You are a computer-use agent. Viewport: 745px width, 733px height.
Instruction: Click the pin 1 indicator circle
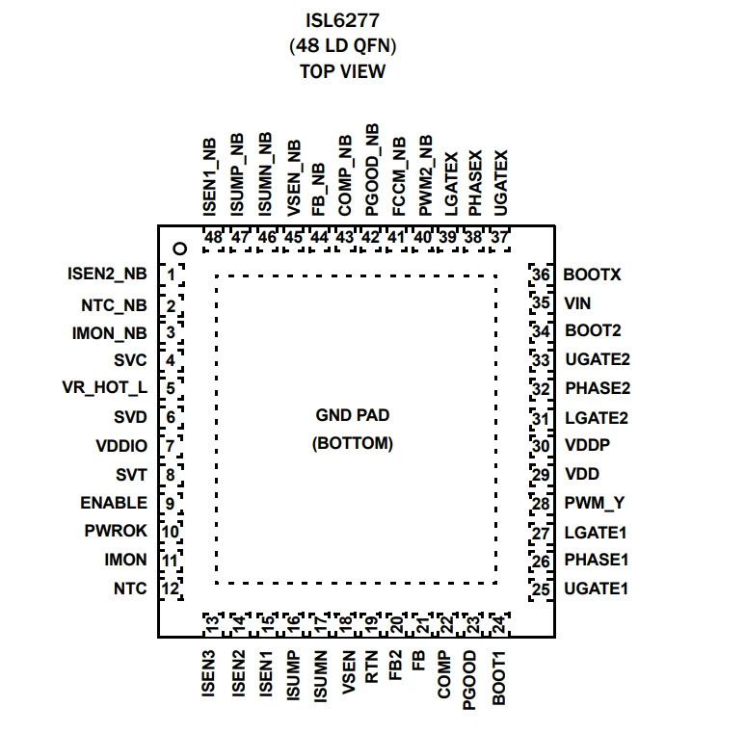180,249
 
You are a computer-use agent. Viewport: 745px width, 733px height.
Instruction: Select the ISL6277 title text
342,20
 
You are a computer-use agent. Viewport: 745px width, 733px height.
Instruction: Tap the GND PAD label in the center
353,415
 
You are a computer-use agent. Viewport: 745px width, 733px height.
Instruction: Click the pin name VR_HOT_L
104,388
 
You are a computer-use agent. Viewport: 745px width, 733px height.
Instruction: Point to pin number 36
541,275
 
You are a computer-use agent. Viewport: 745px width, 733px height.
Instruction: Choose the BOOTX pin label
592,275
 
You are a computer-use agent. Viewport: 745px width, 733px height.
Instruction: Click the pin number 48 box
213,237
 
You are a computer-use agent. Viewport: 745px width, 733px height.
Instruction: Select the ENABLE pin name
114,503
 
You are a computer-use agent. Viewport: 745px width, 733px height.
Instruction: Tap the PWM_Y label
594,503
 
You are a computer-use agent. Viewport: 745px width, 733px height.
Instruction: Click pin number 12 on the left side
170,589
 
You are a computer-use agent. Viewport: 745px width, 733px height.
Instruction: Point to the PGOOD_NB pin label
372,170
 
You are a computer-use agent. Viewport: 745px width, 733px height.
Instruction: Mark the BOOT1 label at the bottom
498,678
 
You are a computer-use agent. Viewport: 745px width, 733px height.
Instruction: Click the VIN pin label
577,303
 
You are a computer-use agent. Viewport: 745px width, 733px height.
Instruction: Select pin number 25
541,589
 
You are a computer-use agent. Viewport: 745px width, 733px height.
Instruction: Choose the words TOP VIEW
342,71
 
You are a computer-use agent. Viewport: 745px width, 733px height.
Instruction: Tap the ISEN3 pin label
208,673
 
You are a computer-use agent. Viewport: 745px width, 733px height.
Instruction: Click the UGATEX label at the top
500,183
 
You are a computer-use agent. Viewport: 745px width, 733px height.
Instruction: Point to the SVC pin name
130,360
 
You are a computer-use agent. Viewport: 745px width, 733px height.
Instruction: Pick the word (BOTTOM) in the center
353,443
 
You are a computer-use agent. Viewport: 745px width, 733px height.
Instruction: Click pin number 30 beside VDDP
541,446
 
